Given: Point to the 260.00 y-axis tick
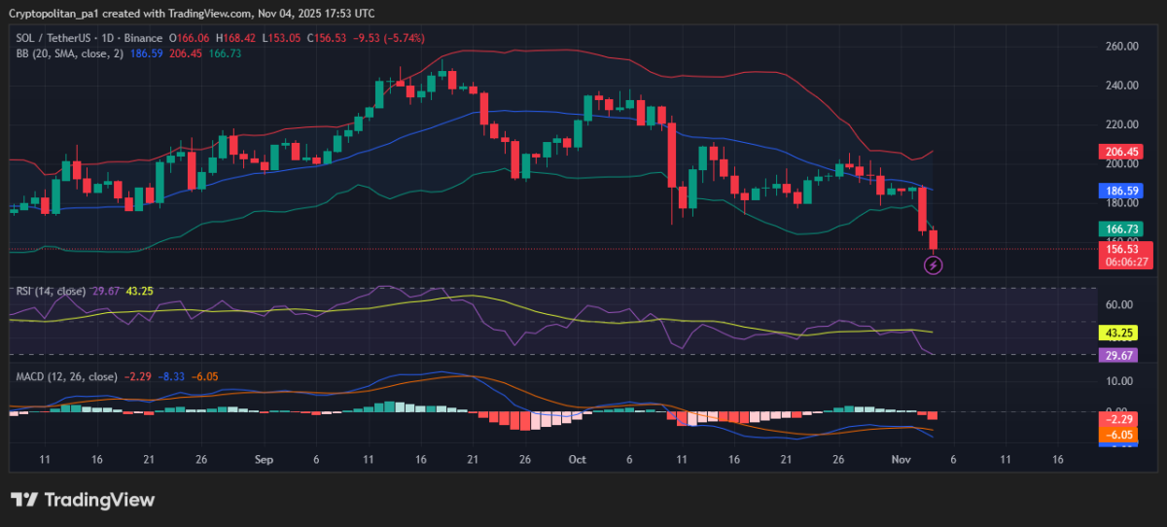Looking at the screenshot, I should pos(1121,46).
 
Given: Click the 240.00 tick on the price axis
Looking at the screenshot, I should pos(1121,86).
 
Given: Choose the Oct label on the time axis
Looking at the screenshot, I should pos(578,459).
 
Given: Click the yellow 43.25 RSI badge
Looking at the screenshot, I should pos(1119,332).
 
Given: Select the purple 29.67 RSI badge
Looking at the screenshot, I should pos(1119,355).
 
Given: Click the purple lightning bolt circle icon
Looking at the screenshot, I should pos(933,264).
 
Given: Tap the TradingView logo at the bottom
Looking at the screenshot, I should pos(83,500).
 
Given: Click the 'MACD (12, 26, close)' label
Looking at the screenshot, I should pos(66,376).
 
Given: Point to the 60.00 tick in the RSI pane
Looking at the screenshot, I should pos(1118,303).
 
